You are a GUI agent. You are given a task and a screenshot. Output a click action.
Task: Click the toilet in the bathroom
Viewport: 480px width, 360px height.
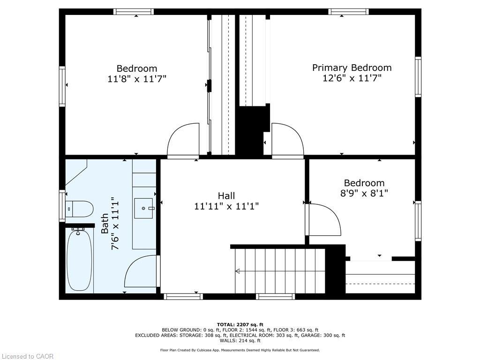[80, 209]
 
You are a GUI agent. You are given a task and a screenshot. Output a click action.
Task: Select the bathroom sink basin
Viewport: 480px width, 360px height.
[144, 206]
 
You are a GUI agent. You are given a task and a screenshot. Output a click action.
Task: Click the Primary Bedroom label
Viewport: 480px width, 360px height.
[352, 67]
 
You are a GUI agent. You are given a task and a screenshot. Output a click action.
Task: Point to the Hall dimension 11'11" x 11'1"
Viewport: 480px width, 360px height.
[226, 206]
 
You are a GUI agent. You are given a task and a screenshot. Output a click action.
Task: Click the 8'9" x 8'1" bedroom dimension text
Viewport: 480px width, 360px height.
[364, 193]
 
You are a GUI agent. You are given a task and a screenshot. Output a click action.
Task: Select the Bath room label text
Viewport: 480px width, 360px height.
[105, 224]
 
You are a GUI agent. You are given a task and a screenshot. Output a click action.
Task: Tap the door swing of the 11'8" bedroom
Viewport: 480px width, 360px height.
[184, 140]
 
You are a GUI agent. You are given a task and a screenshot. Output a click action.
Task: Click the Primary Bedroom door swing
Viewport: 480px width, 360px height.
[286, 140]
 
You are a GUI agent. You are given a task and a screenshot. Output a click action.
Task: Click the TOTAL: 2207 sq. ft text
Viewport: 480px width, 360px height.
[240, 324]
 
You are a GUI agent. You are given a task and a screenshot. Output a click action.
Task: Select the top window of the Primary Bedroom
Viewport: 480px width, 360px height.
[348, 12]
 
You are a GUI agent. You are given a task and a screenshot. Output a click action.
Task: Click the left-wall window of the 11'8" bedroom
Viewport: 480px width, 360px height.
[62, 86]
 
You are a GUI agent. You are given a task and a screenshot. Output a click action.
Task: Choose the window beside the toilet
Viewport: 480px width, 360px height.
[62, 205]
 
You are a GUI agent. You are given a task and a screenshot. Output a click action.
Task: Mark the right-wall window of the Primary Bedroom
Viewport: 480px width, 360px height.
[418, 77]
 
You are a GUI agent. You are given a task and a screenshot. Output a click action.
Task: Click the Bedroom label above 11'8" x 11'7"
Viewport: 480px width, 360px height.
[137, 68]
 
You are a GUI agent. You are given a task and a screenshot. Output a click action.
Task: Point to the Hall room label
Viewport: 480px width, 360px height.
[226, 196]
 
